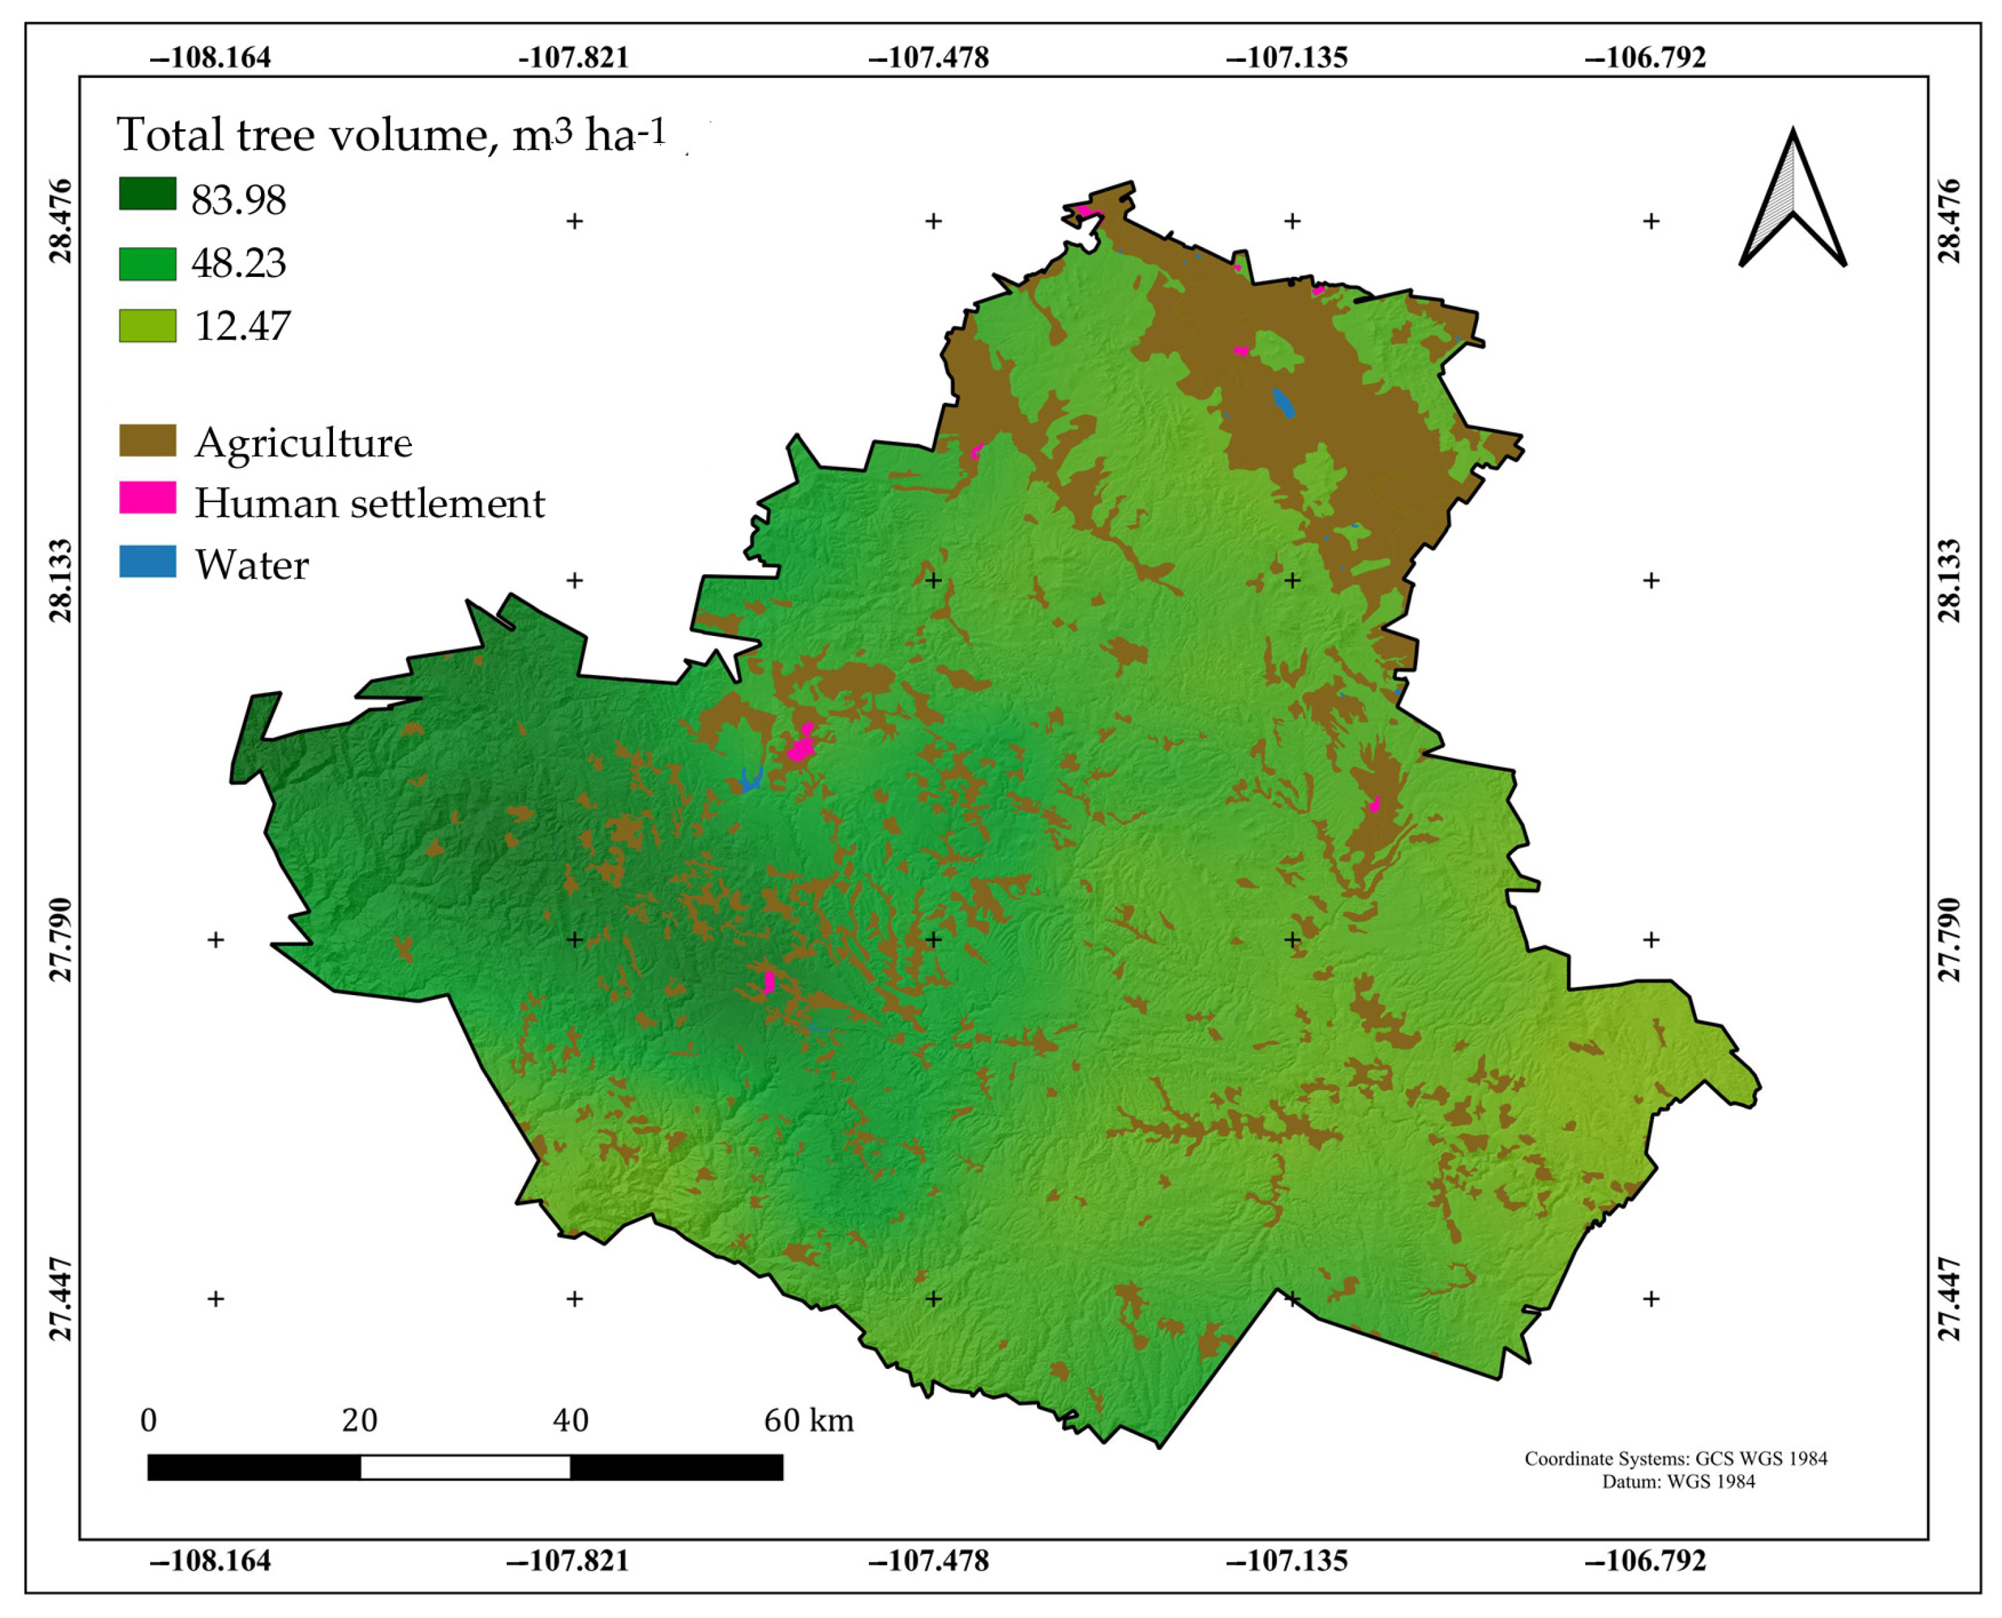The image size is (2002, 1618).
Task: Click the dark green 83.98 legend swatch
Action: [147, 194]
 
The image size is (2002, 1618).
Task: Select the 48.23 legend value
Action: [239, 264]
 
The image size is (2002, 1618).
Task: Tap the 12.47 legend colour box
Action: [147, 326]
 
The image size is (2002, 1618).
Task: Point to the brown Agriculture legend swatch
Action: [147, 441]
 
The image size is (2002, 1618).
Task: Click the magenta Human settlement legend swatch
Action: [147, 498]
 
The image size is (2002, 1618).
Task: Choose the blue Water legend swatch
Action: [147, 561]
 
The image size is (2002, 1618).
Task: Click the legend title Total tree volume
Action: [392, 134]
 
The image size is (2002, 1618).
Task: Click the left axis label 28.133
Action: [59, 580]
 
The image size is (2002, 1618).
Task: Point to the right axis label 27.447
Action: [1948, 1298]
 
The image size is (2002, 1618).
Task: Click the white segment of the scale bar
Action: [465, 1467]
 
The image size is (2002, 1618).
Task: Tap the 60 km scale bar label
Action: [808, 1420]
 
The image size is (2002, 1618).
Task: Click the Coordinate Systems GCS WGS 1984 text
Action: [1675, 1459]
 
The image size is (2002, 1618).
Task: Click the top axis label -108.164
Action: [211, 58]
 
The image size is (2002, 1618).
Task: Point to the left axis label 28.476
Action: [59, 221]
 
